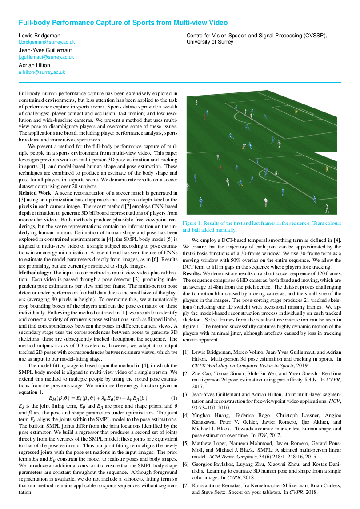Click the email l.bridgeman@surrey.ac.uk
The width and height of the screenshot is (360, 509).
pos(47,42)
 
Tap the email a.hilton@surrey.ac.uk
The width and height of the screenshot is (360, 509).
pos(42,72)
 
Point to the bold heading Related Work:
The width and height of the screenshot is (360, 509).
pos(36,193)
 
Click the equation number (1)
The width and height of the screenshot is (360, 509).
pos(174,398)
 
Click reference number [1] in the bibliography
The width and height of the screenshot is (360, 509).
pos(186,352)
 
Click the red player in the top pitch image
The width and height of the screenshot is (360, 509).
pos(204,116)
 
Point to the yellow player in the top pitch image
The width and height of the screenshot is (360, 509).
pos(296,111)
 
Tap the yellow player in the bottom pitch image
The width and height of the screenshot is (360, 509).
pos(327,169)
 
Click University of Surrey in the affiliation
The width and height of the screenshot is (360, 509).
pos(210,42)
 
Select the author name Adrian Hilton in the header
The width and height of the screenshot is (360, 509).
pos(35,65)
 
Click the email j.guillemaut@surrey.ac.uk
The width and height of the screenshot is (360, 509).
pos(46,57)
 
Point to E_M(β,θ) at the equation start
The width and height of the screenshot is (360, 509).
pos(59,398)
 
